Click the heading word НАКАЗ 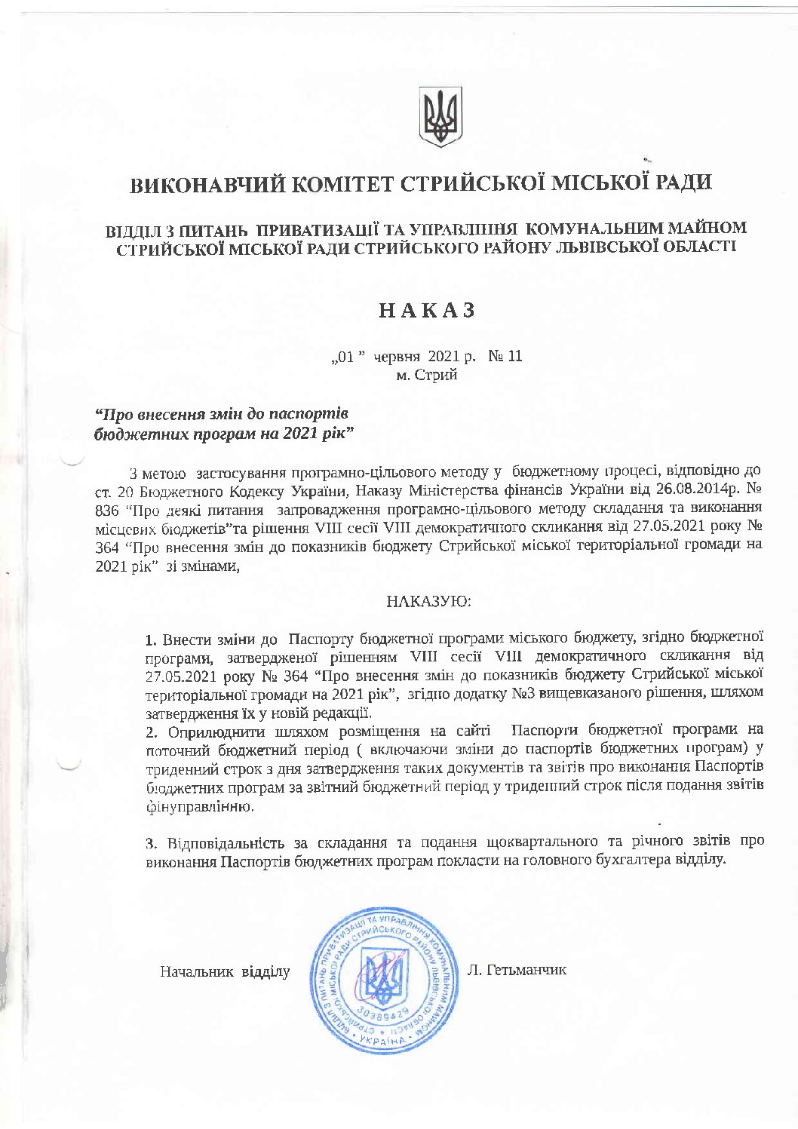coord(427,311)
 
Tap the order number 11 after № coord(514,356)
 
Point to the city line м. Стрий coord(427,375)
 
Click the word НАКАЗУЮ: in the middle coord(428,602)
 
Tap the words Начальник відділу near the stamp coord(225,971)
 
